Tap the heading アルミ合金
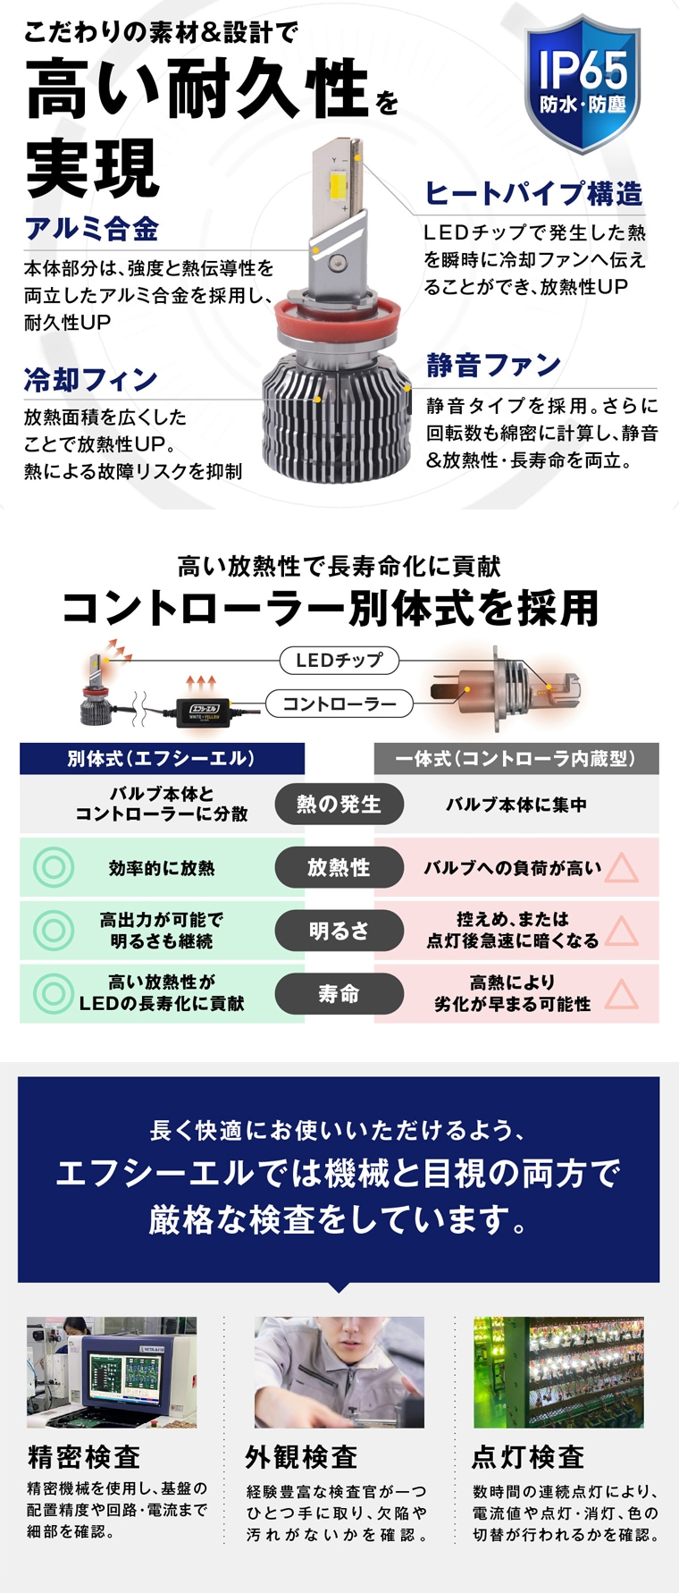[x=92, y=229]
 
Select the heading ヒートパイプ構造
[x=533, y=193]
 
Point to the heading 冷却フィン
[x=91, y=380]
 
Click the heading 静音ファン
[x=494, y=365]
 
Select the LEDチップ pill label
[x=339, y=661]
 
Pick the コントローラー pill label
[x=339, y=704]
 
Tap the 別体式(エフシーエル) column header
[x=162, y=758]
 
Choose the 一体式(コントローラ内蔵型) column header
[x=516, y=758]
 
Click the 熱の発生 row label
[x=339, y=804]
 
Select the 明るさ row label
[x=339, y=931]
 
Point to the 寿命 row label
[x=339, y=993]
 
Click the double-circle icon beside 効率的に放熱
[x=54, y=867]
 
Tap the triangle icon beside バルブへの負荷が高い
[x=621, y=867]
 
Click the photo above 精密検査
[x=112, y=1371]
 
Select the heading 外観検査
[x=302, y=1457]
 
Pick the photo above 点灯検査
[x=558, y=1371]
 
